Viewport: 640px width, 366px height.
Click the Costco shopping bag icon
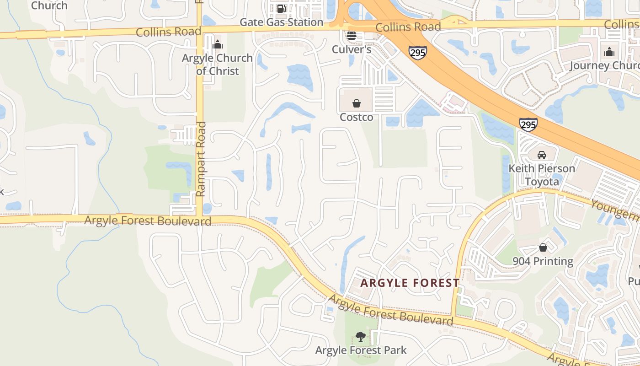[357, 103]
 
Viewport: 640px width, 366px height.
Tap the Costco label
[357, 118]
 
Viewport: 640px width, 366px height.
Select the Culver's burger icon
[352, 35]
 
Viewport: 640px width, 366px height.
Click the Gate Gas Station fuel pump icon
[281, 9]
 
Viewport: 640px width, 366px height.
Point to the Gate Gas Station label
[281, 22]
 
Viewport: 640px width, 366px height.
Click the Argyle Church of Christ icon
[218, 44]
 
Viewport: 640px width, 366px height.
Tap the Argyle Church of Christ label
[218, 65]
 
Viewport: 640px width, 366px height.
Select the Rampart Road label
[201, 159]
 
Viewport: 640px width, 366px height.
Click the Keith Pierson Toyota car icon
[542, 155]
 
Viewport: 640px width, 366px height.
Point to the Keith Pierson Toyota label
[542, 175]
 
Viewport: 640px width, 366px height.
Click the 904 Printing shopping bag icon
[543, 248]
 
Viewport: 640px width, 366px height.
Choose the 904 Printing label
[543, 261]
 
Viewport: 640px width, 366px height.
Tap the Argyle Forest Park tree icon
[361, 337]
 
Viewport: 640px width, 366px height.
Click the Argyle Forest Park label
[361, 350]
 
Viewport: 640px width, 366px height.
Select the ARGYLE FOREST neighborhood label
[410, 283]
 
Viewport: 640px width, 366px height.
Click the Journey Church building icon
[609, 52]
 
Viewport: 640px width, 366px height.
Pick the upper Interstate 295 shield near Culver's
[418, 52]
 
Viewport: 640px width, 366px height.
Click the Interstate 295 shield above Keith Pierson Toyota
[528, 124]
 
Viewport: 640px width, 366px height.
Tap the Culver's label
[352, 49]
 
